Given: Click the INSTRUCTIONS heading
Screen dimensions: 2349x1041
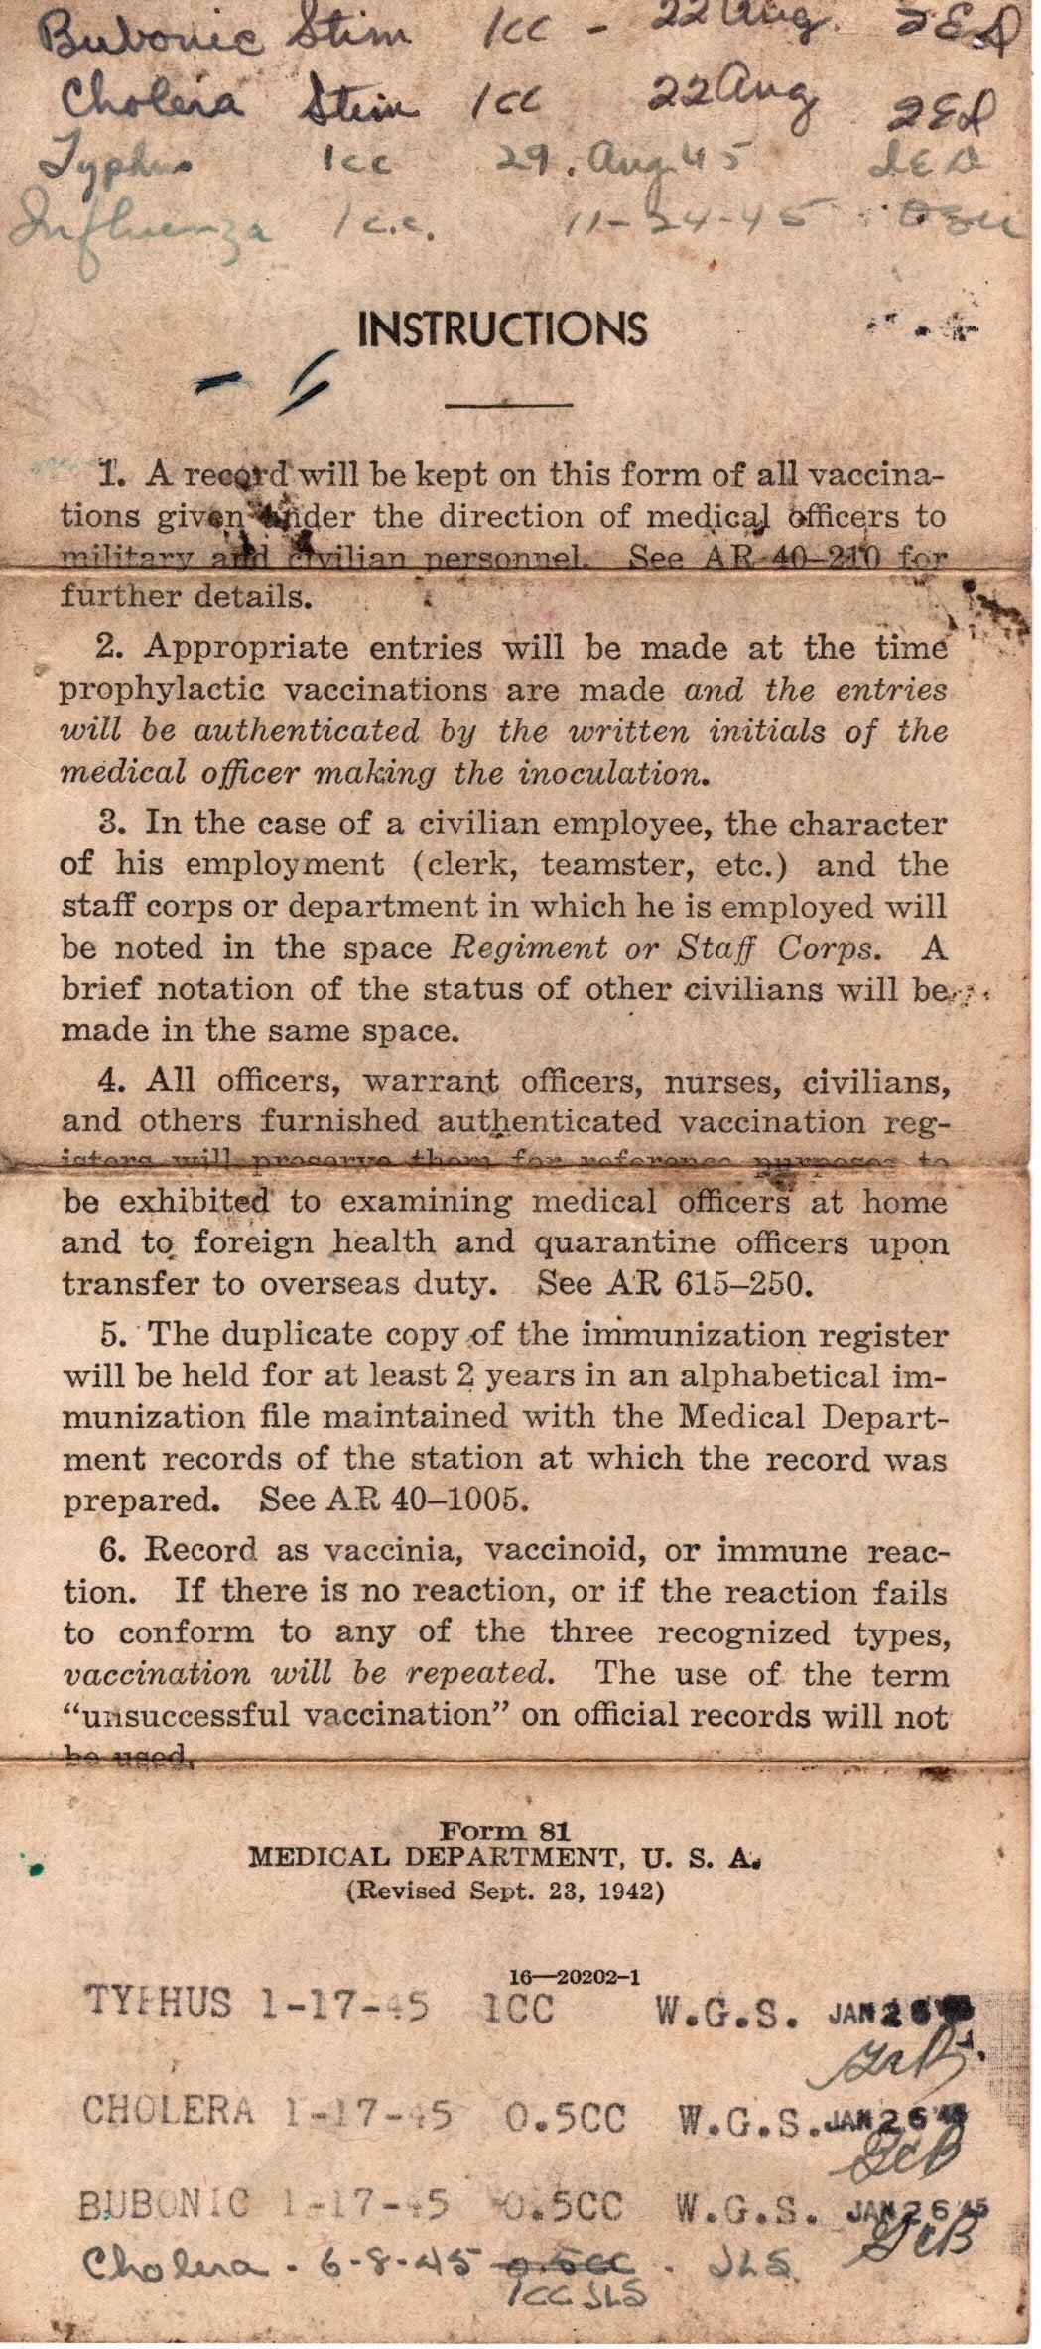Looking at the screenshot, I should click(x=504, y=328).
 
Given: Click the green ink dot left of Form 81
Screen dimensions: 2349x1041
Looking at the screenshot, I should click(x=35, y=1870).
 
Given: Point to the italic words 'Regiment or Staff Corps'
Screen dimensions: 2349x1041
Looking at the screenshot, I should click(x=664, y=948).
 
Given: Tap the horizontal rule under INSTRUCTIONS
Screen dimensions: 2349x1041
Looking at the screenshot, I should click(x=509, y=404).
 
